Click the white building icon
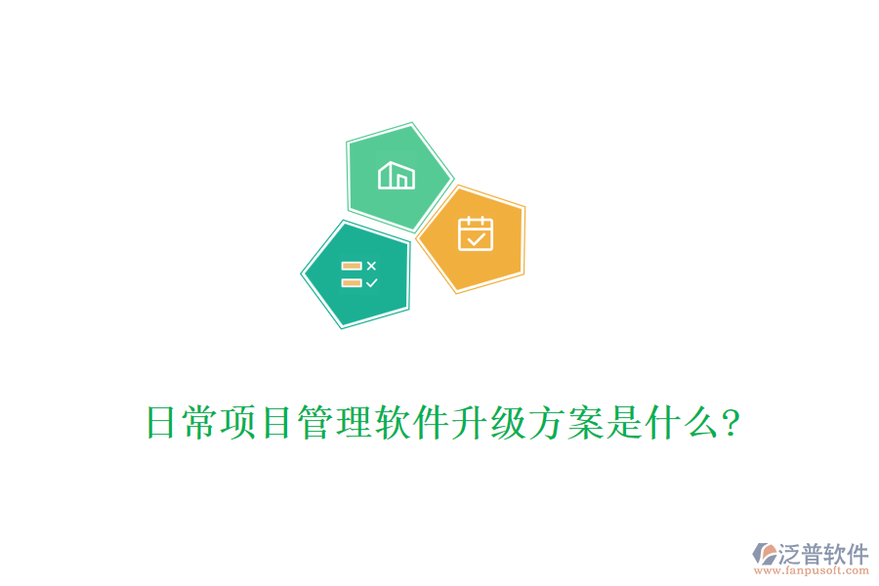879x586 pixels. point(397,176)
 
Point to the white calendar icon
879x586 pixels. point(476,233)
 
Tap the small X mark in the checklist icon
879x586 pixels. point(371,266)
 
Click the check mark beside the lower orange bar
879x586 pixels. point(371,283)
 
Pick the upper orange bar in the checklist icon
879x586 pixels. point(352,266)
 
